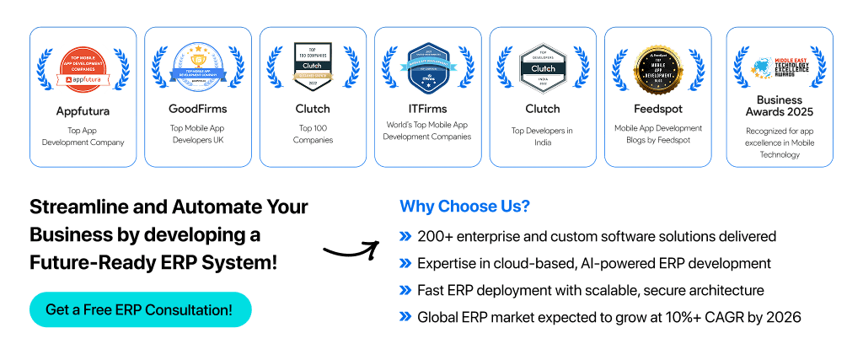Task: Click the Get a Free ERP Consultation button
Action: tap(140, 309)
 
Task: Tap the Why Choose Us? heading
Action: tap(464, 207)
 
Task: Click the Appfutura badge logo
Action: tap(83, 67)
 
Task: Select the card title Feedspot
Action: tap(658, 109)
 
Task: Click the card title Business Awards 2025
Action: tap(780, 105)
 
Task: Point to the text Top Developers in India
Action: tap(543, 137)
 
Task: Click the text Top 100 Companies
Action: tap(313, 134)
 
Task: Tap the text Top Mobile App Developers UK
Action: tap(198, 134)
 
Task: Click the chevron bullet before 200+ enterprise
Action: tap(405, 237)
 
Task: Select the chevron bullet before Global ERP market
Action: tap(405, 318)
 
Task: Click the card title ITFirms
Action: tap(427, 109)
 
